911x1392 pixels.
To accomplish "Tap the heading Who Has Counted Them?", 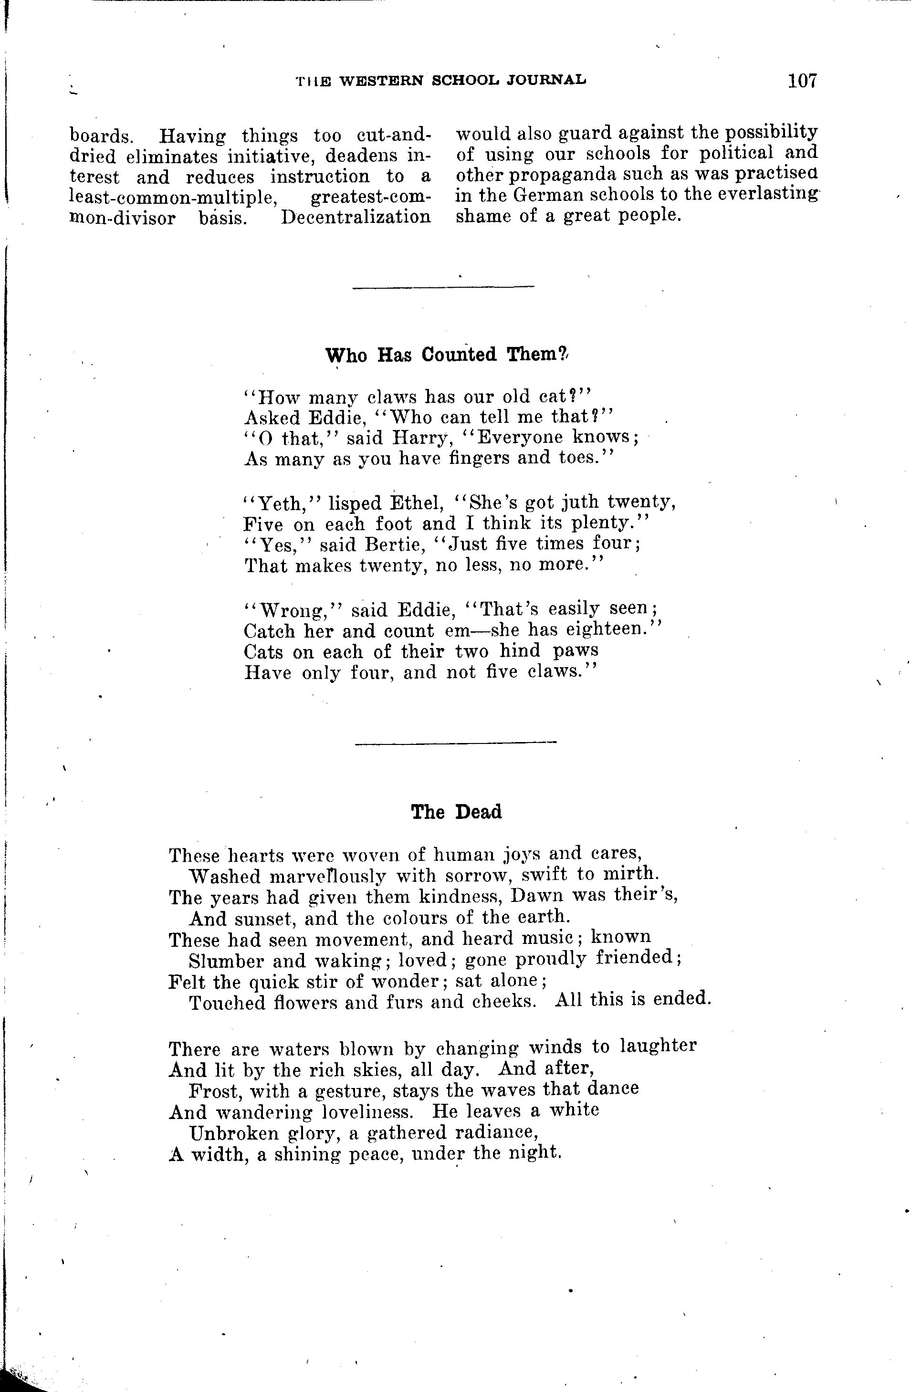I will coord(446,355).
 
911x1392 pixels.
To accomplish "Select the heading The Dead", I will coord(456,812).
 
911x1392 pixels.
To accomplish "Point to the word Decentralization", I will coord(356,218).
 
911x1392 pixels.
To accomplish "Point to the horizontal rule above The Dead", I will coord(455,743).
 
